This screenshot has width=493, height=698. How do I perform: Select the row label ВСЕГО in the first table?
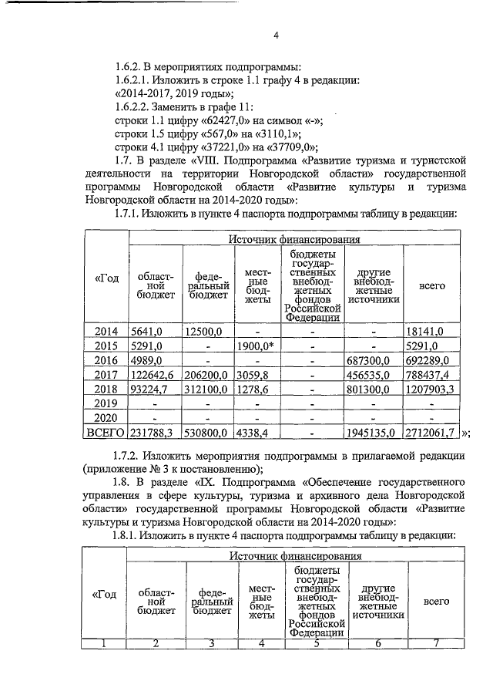point(106,433)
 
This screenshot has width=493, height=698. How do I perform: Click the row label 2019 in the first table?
point(106,403)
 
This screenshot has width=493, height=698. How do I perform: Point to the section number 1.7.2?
point(130,455)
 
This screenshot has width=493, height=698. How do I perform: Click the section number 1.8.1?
point(130,535)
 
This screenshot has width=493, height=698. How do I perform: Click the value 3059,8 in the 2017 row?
point(255,375)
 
